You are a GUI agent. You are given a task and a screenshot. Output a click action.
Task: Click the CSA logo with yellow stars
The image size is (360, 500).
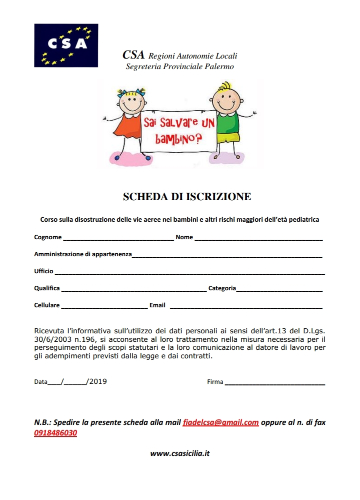[66, 46]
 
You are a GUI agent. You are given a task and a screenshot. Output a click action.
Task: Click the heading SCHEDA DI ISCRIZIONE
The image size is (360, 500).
[187, 197]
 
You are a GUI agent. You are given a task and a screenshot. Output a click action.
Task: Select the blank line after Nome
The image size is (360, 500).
[258, 239]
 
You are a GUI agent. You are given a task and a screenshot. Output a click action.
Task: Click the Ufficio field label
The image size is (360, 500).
[43, 271]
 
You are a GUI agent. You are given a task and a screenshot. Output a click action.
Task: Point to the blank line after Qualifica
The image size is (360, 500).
[133, 290]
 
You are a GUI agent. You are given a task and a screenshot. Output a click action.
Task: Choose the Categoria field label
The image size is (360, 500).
[222, 288]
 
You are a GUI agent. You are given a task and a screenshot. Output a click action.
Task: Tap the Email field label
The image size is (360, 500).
[157, 305]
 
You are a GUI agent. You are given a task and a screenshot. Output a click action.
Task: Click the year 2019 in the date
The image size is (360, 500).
[98, 381]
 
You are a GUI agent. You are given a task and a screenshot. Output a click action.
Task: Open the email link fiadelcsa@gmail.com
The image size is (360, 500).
[220, 422]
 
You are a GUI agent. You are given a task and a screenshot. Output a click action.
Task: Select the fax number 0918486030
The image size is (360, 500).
[55, 433]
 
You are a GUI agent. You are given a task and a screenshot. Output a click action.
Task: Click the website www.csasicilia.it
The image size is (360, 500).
[180, 453]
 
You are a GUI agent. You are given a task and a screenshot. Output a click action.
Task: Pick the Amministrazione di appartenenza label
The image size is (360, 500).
[82, 254]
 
